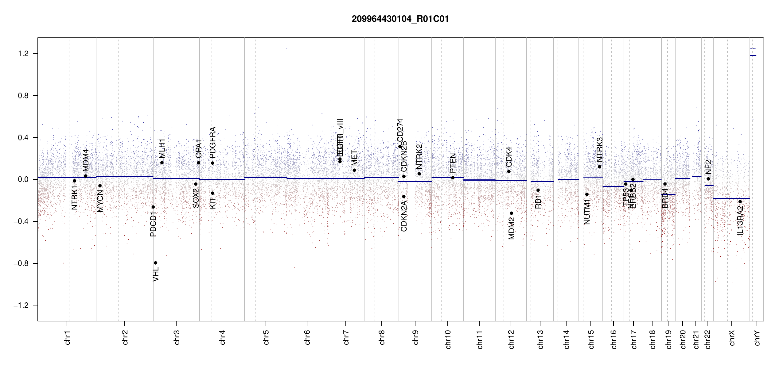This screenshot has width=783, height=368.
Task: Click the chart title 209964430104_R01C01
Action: [400, 19]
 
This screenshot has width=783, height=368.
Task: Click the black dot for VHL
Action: [156, 263]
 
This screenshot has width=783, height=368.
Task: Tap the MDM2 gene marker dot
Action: [512, 213]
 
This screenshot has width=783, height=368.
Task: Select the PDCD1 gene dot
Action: [153, 207]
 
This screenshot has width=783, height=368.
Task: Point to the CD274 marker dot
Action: [400, 147]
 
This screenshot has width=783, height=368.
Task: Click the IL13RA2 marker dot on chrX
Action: [740, 202]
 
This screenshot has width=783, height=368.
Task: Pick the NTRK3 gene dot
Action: [599, 167]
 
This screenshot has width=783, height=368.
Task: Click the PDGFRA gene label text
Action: [212, 143]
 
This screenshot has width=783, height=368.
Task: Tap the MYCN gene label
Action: [100, 201]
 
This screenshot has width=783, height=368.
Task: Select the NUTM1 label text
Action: [587, 212]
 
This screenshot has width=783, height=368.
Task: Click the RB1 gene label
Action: [538, 202]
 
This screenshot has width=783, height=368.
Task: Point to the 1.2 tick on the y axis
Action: [23, 54]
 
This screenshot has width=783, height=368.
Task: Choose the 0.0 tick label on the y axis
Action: [23, 179]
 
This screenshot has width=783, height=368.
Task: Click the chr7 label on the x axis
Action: [346, 337]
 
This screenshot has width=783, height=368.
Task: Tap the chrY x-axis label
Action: [757, 337]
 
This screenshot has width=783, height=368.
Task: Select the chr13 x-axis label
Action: [540, 339]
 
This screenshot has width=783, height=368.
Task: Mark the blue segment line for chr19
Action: [668, 194]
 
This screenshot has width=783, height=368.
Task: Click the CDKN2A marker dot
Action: [404, 197]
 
